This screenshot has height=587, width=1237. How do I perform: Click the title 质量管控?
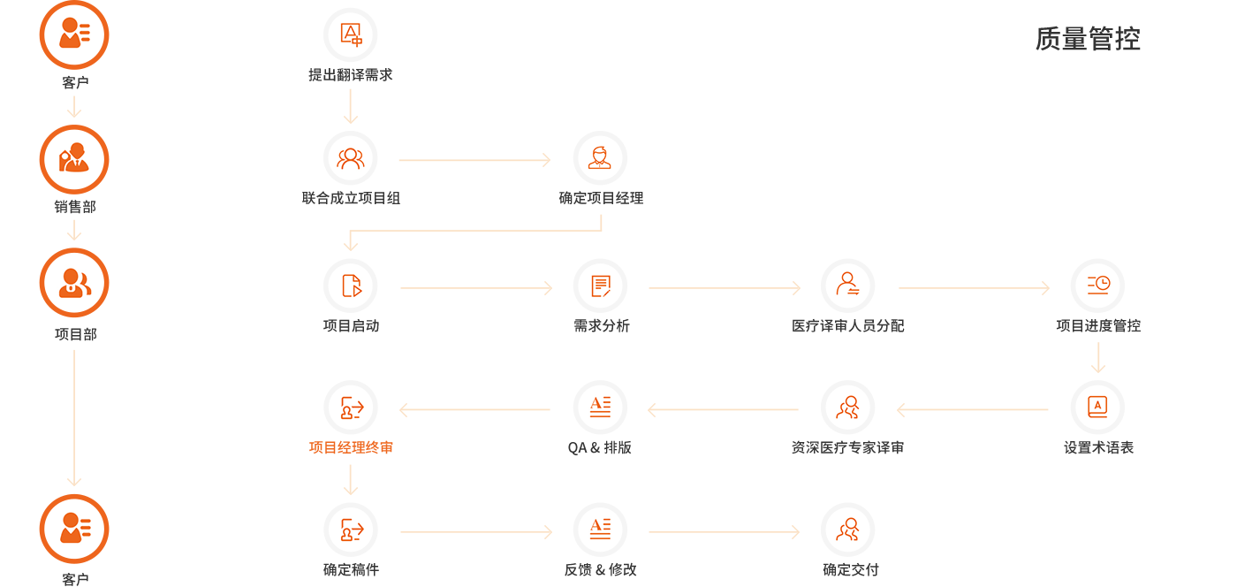click(1088, 39)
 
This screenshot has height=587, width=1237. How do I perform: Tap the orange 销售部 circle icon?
click(74, 160)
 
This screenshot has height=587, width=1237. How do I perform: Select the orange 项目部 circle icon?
click(74, 283)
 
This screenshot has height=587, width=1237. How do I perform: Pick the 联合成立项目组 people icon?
click(351, 159)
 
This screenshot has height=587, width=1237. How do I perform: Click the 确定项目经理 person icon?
click(600, 159)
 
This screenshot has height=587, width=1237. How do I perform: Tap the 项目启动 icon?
click(351, 286)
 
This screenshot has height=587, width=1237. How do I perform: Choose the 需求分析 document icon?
click(600, 286)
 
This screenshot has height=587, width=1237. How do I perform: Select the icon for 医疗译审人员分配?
click(848, 286)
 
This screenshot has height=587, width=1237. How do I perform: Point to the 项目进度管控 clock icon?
click(1097, 286)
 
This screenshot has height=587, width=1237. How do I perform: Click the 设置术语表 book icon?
click(1097, 408)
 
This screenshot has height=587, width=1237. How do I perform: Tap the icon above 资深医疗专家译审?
click(848, 408)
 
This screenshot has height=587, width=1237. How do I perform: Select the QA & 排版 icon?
click(600, 408)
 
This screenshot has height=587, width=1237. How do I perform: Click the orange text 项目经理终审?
click(351, 447)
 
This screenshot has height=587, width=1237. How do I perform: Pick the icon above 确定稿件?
click(351, 530)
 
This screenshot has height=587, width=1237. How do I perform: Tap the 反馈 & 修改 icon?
click(600, 530)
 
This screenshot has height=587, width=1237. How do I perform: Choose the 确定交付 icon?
click(848, 530)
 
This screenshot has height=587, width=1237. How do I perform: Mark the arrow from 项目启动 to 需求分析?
click(475, 287)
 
